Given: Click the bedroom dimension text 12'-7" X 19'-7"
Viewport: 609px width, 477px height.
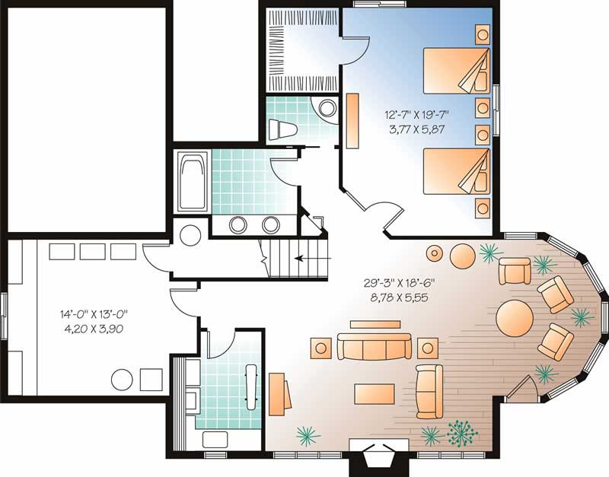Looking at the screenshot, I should pyautogui.click(x=417, y=115).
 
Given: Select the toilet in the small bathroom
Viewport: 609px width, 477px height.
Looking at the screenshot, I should pyautogui.click(x=282, y=128).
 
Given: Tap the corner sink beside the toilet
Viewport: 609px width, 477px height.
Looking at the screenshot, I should pyautogui.click(x=328, y=109).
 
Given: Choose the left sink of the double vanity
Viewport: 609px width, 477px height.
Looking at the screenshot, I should pyautogui.click(x=238, y=224).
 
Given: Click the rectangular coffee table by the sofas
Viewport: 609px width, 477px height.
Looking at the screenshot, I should pyautogui.click(x=375, y=394).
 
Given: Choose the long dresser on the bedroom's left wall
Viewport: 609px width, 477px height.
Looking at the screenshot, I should pyautogui.click(x=352, y=121).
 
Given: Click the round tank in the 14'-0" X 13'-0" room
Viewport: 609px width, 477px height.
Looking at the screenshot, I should pyautogui.click(x=121, y=379).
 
